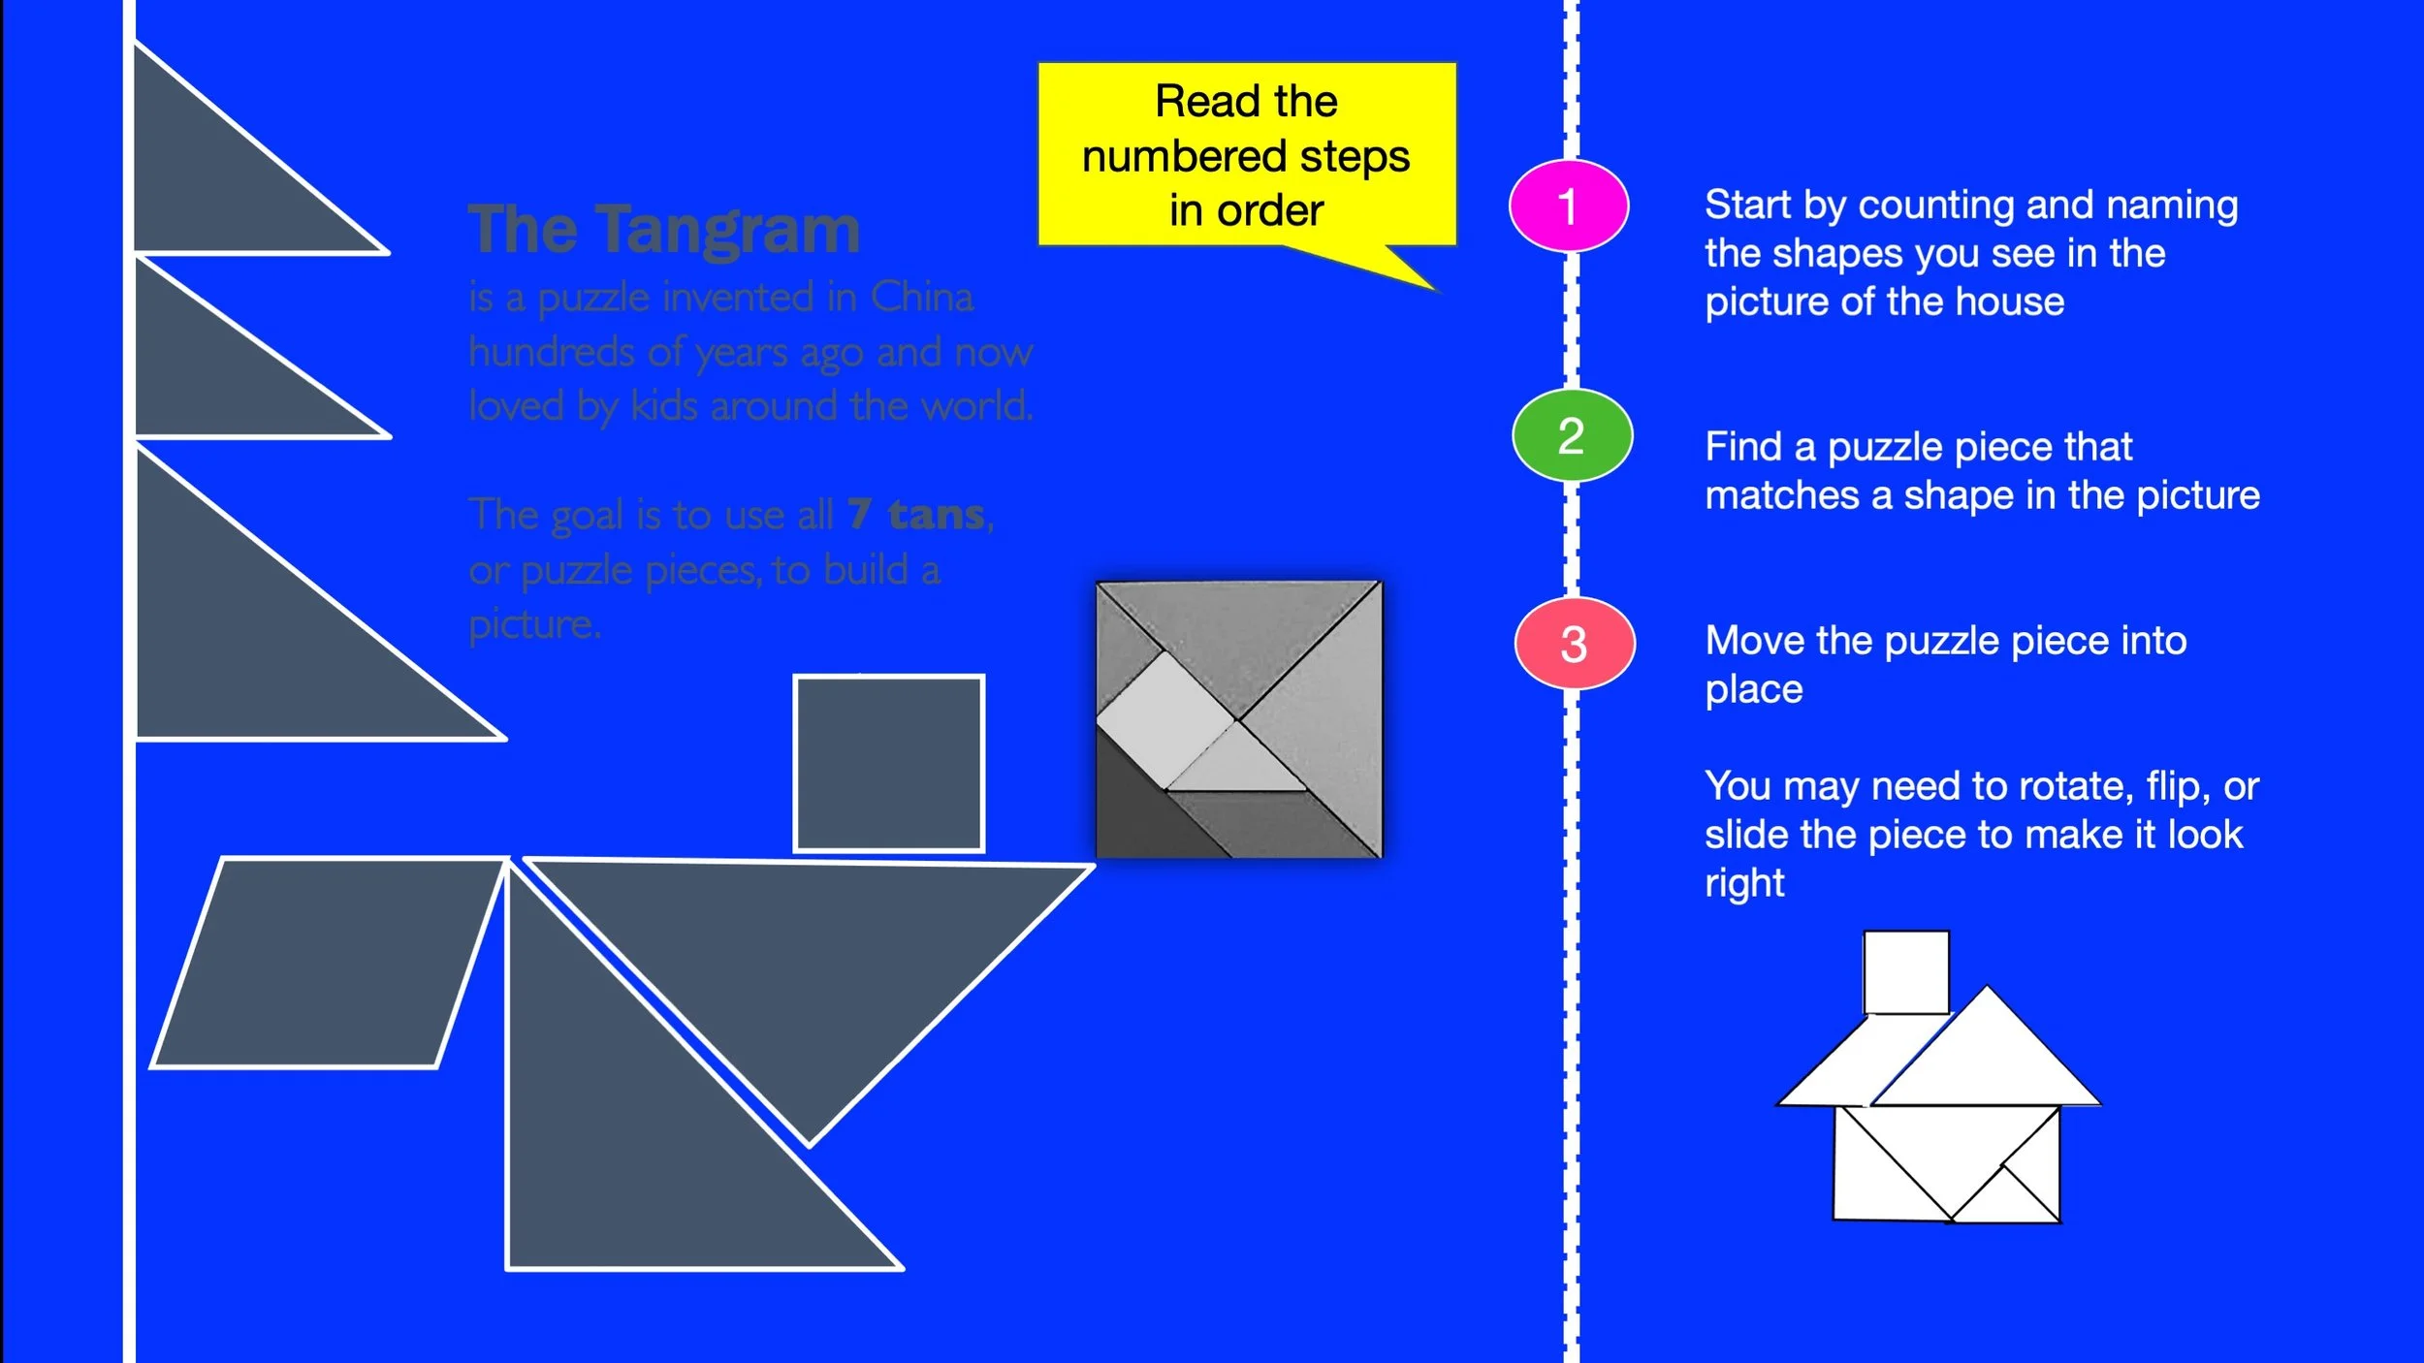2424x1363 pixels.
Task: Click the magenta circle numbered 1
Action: (x=1568, y=206)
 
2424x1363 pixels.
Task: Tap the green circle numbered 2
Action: (x=1572, y=435)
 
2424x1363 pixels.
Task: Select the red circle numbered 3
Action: (x=1574, y=644)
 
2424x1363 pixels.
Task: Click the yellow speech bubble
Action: (x=1246, y=155)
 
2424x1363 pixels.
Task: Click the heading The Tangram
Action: (x=664, y=230)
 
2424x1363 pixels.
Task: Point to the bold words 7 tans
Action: (x=917, y=514)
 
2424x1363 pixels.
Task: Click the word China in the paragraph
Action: (x=921, y=297)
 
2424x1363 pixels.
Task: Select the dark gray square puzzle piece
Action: (x=888, y=764)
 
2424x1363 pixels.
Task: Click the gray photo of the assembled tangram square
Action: (x=1238, y=719)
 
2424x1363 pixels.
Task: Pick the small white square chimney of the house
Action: (x=1905, y=972)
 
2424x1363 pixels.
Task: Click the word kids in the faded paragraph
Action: (x=663, y=405)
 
